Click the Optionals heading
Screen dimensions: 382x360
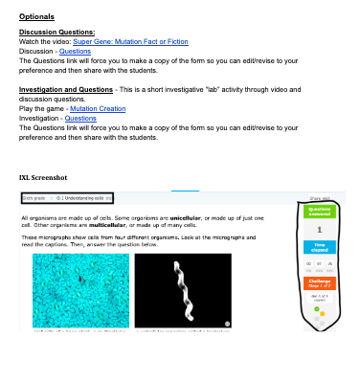pos(35,17)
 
